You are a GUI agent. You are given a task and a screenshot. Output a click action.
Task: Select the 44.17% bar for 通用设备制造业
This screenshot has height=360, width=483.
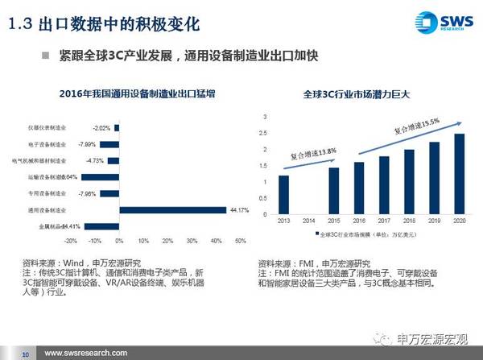(x=170, y=210)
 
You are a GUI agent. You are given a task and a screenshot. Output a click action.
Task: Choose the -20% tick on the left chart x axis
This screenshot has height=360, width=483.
(x=71, y=241)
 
